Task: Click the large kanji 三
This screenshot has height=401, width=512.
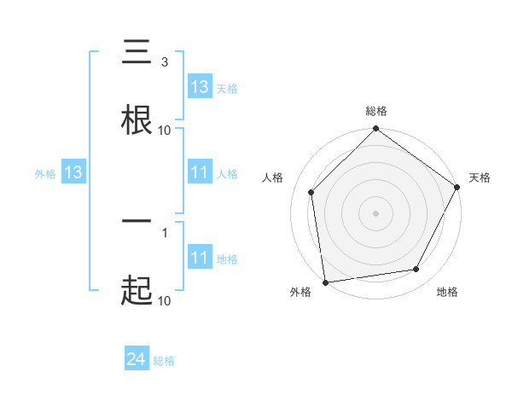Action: tap(137, 53)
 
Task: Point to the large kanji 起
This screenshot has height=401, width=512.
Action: tap(137, 290)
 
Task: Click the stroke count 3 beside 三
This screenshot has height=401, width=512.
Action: tap(165, 61)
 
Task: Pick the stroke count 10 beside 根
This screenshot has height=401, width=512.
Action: tap(165, 131)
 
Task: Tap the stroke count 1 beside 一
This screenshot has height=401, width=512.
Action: tap(165, 231)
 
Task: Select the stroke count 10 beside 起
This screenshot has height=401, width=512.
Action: tap(165, 300)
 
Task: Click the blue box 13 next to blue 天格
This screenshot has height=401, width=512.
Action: tap(200, 86)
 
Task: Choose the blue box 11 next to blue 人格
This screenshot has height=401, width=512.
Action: tap(200, 172)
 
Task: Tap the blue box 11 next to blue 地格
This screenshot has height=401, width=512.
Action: tap(200, 258)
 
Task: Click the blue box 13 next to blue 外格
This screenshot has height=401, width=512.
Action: tap(73, 172)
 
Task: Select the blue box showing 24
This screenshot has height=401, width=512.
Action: tap(137, 360)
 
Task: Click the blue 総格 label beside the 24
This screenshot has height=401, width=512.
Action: tap(165, 361)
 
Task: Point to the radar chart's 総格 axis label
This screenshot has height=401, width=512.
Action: tap(376, 111)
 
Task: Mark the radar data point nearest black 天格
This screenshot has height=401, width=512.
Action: tap(457, 187)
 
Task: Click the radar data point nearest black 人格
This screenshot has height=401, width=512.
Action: tap(311, 192)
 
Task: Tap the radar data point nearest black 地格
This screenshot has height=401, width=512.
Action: tap(416, 270)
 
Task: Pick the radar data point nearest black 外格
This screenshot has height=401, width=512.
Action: tap(325, 282)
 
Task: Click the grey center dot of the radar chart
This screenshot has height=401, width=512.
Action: tap(376, 212)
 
